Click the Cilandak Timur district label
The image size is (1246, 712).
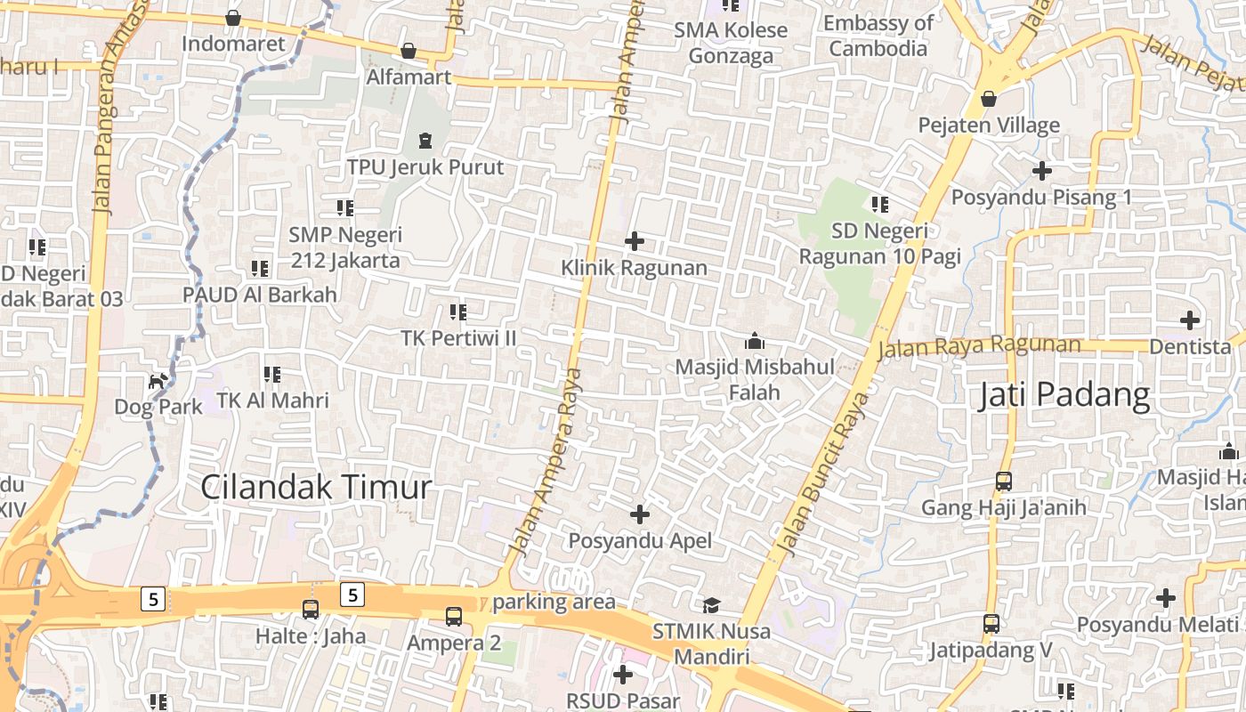point(316,487)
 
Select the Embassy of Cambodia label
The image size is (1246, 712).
point(878,36)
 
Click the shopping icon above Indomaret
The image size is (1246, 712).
point(233,18)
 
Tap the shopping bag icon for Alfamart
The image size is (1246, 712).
point(409,51)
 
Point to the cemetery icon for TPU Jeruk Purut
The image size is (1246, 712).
point(425,141)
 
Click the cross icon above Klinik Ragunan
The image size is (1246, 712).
point(635,241)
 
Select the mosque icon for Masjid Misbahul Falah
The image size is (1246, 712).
point(755,341)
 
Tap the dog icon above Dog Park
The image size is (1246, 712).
point(158,382)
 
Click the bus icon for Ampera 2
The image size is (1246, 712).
point(454,616)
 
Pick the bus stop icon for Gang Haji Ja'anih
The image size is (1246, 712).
point(1004,481)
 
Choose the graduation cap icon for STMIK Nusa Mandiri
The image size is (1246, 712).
point(711,606)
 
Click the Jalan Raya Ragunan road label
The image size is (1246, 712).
point(979,346)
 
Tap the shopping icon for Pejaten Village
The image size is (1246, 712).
point(989,99)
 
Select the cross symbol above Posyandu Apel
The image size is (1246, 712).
point(640,514)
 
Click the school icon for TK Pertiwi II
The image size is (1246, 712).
point(458,311)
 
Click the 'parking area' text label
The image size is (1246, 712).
point(554,603)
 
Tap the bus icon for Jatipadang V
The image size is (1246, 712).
point(991,624)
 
